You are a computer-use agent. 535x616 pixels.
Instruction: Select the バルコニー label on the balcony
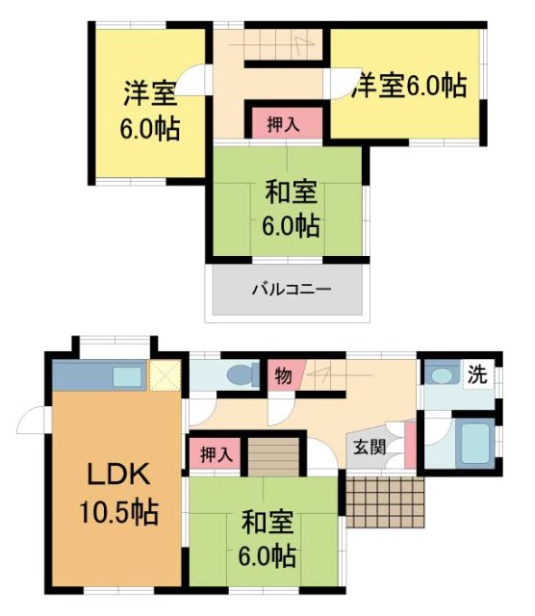(x=287, y=288)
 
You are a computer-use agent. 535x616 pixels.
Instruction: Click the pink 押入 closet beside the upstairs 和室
(x=281, y=123)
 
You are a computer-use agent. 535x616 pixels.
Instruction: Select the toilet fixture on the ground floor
(x=235, y=373)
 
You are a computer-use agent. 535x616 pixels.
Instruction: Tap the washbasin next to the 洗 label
(x=443, y=374)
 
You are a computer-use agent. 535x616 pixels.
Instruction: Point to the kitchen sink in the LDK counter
(x=125, y=374)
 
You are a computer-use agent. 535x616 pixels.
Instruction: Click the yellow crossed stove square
(x=164, y=374)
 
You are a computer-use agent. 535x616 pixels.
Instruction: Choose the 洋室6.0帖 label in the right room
(x=409, y=86)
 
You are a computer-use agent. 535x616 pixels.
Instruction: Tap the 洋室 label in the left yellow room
(x=149, y=94)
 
